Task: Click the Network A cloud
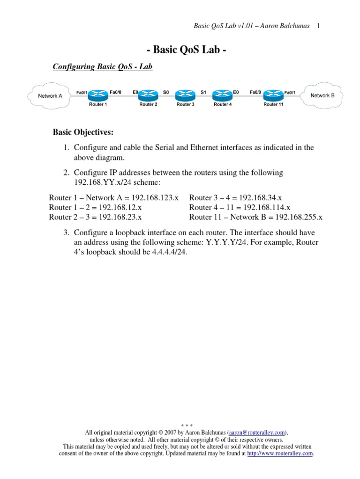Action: pyautogui.click(x=50, y=95)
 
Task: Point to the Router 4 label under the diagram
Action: pyautogui.click(x=223, y=105)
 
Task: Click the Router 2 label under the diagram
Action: pyautogui.click(x=148, y=105)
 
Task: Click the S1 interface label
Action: pyautogui.click(x=203, y=93)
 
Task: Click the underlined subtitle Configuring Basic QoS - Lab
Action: pyautogui.click(x=103, y=67)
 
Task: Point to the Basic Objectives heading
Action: pyautogui.click(x=83, y=132)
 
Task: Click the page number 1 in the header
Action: pyautogui.click(x=318, y=25)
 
